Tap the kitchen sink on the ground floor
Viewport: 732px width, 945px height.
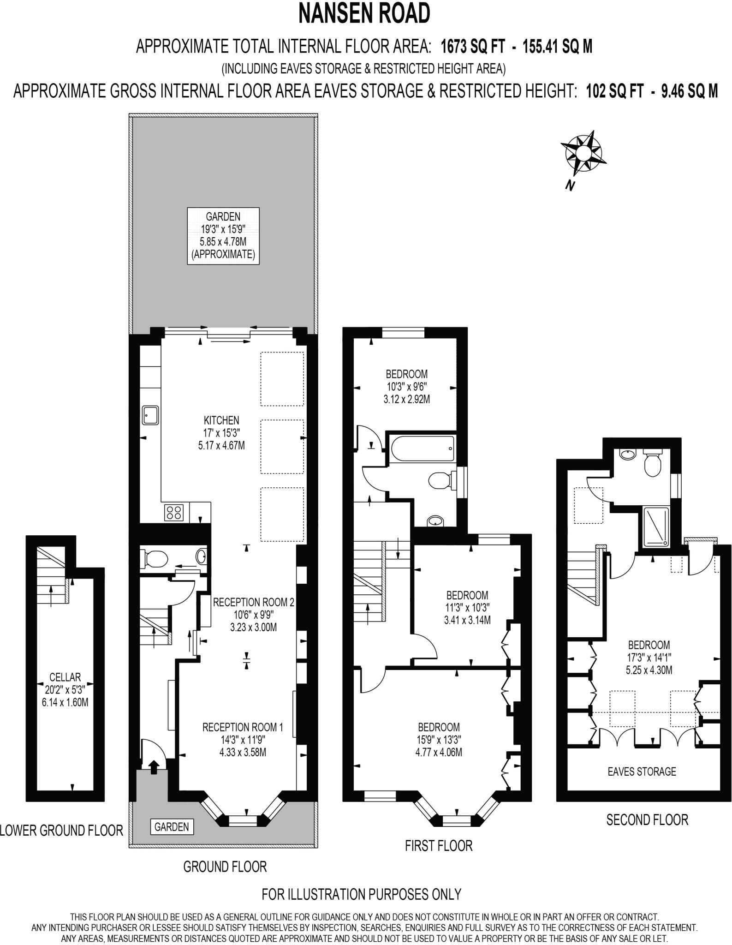[150, 415]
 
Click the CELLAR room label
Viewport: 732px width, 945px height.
[65, 677]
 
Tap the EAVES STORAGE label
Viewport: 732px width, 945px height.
[642, 771]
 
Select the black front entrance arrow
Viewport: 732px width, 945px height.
[154, 766]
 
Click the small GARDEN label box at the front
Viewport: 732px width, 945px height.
[172, 826]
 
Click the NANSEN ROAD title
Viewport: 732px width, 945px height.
[364, 13]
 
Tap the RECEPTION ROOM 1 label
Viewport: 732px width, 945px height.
[243, 727]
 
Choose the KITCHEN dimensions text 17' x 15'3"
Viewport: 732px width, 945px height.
[222, 433]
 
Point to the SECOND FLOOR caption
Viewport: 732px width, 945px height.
[647, 819]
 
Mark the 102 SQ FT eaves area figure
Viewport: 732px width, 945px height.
[614, 91]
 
